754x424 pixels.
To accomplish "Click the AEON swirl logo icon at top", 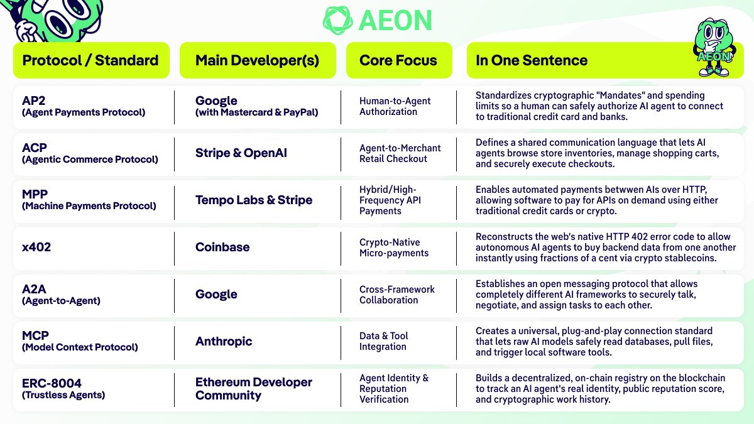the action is pos(337,20).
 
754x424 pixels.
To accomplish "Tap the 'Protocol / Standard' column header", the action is pos(90,60).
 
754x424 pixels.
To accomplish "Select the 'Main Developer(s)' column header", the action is pos(257,60).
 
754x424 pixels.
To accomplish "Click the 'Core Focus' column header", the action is pos(398,60).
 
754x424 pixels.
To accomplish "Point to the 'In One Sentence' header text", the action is pos(532,60).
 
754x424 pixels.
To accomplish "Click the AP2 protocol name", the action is pos(34,101).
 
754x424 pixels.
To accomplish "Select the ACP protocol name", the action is pos(35,148).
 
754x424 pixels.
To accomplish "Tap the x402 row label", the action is pos(36,247).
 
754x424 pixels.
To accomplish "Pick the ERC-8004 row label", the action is pos(52,383).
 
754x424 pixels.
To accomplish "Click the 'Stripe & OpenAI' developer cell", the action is pos(241,153).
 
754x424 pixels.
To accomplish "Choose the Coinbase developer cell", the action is pos(222,247).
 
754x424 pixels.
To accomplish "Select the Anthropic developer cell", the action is pos(224,341).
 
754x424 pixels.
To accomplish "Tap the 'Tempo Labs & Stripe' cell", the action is pos(254,200).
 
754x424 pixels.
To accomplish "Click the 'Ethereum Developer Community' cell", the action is pos(254,388).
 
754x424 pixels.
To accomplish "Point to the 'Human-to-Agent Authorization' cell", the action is pos(395,106).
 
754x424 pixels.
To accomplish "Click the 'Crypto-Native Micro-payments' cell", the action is pos(394,247).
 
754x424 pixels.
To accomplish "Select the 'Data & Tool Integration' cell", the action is pos(384,341).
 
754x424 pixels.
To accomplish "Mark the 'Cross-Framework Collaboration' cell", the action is pos(397,295).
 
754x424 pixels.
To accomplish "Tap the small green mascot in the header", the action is pos(714,47).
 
